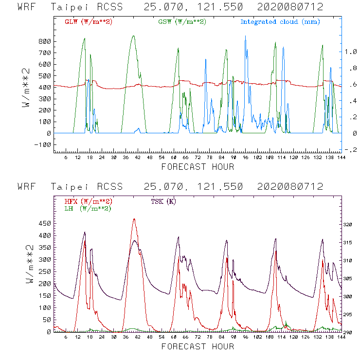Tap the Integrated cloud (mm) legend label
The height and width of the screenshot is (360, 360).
click(280, 22)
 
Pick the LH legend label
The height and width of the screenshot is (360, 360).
click(88, 208)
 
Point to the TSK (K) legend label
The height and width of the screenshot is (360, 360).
click(164, 201)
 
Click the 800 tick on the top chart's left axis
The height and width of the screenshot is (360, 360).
click(44, 41)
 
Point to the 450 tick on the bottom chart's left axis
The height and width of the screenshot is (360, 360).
click(44, 223)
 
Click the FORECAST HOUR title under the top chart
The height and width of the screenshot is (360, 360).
click(198, 167)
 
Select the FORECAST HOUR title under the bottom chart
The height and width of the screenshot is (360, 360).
click(198, 346)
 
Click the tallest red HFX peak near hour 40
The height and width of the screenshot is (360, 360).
click(134, 219)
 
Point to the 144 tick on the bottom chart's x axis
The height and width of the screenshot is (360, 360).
click(341, 337)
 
